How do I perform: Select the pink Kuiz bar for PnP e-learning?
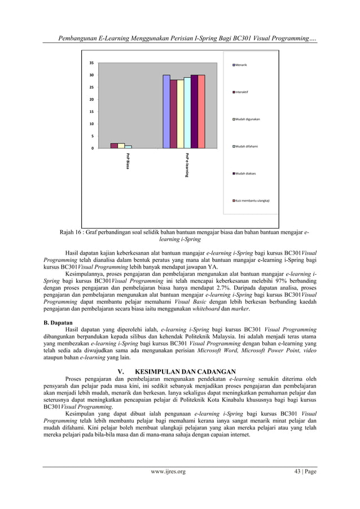(201, 111)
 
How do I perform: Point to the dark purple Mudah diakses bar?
(194, 111)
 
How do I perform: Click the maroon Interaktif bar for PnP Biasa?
(114, 146)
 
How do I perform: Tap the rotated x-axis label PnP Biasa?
(128, 161)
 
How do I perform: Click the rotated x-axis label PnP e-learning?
(186, 165)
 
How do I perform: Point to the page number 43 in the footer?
(296, 486)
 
